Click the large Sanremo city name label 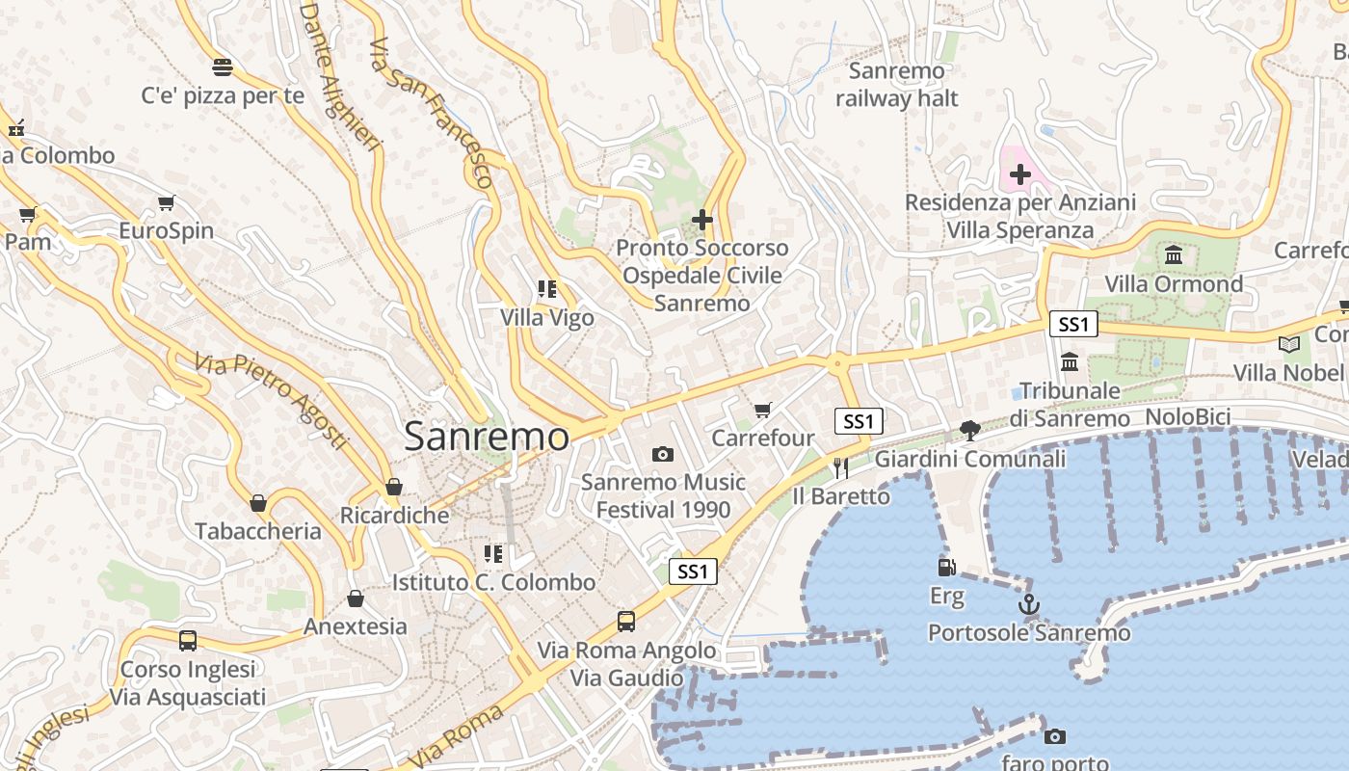pos(487,437)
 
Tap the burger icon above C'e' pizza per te pos(223,67)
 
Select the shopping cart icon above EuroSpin pos(167,203)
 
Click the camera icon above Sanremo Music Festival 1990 pos(663,454)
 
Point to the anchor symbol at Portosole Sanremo pos(1029,605)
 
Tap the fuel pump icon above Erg pos(946,568)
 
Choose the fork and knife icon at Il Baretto pos(841,468)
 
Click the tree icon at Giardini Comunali pos(970,431)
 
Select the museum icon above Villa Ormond pos(1174,255)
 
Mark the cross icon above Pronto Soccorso pos(702,220)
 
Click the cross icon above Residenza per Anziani pos(1019,174)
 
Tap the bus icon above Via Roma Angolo pos(626,622)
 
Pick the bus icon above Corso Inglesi pos(188,641)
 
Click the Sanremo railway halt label pos(897,85)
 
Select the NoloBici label pos(1187,417)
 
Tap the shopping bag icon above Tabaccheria pos(258,503)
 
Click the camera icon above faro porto pos(1055,737)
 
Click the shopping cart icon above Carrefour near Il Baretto pos(763,411)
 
